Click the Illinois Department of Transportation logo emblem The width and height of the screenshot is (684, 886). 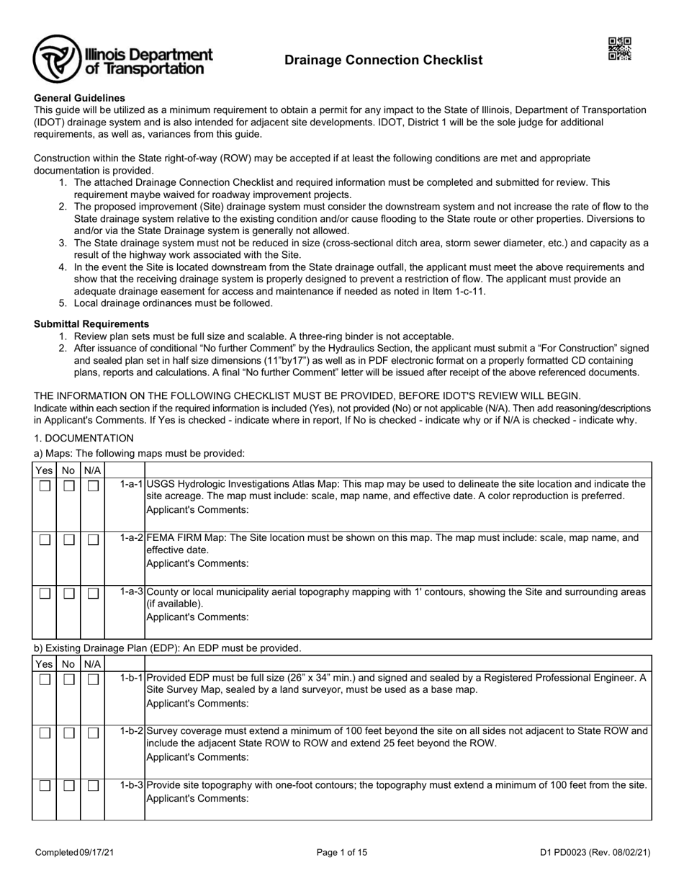56,59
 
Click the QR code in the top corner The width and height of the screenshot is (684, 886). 619,49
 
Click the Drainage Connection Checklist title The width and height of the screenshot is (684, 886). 383,61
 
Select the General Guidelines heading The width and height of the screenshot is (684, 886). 79,98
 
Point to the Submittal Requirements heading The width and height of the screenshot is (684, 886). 91,324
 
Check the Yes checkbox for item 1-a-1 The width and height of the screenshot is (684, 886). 45,486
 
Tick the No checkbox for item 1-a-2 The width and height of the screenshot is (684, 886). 68,540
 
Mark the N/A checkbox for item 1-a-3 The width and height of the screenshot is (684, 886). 92,594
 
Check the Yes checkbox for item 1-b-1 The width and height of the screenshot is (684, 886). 45,679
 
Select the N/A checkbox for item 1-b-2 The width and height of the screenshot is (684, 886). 92,733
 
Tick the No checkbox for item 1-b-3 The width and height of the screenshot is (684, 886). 68,786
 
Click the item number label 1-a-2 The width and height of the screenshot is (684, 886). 132,538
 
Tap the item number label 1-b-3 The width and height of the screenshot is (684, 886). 132,784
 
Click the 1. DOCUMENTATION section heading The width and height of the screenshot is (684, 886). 84,438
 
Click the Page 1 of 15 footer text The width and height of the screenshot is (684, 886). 342,853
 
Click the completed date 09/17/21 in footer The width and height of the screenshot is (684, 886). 97,853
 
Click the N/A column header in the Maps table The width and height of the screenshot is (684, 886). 92,470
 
